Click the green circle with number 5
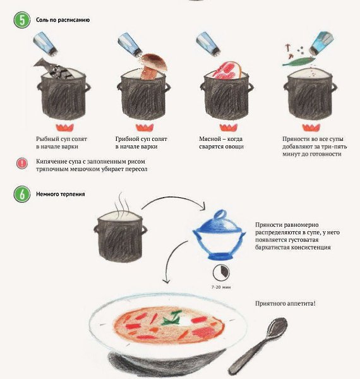22,20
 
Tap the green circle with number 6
22,194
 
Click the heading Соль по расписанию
63,20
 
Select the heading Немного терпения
61,194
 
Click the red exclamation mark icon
22,164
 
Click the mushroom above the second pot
153,66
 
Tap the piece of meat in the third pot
227,70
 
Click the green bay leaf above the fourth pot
299,61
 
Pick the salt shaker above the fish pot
45,44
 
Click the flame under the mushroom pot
145,128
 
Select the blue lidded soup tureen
219,235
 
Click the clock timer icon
221,272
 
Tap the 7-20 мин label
221,287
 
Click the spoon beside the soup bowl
258,346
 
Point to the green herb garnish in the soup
172,318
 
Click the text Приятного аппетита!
285,303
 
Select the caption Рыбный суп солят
61,139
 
